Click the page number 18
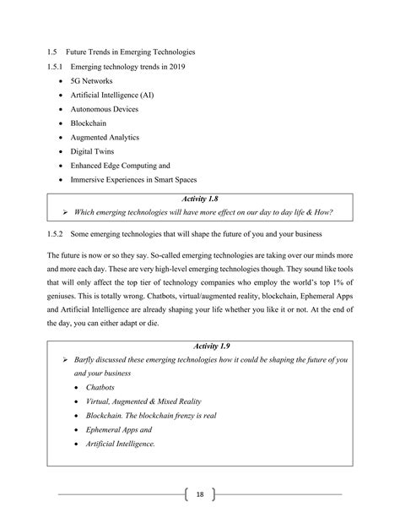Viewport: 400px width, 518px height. (x=200, y=493)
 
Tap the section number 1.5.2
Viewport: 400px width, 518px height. (x=57, y=232)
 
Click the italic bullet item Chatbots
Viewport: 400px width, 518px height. (x=102, y=386)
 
